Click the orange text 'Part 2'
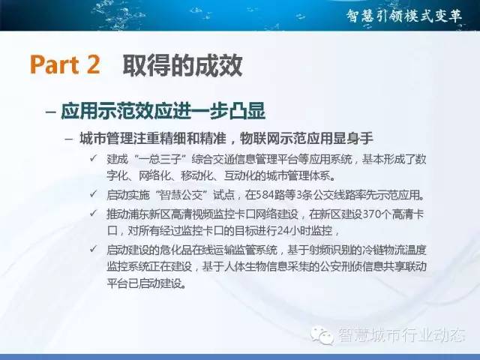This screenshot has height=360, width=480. point(65,64)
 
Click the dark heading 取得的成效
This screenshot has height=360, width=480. point(183,65)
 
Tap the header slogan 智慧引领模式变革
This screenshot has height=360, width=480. point(404,16)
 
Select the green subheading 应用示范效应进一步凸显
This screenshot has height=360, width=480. point(163,111)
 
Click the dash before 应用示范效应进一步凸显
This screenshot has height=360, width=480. point(50,111)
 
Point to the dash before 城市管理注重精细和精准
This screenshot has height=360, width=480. point(69,139)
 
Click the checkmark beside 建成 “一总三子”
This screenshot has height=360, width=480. point(93,158)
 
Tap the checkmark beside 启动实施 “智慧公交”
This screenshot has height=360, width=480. point(93,193)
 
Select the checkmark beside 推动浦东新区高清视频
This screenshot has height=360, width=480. point(93,213)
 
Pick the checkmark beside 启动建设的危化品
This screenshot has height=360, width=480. point(93,249)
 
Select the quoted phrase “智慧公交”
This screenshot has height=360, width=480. point(181,195)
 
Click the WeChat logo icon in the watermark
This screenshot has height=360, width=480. point(322,334)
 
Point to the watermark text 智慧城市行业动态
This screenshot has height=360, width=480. point(402,335)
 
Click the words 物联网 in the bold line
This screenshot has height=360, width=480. point(259,138)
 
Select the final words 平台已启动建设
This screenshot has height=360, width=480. point(147,283)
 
